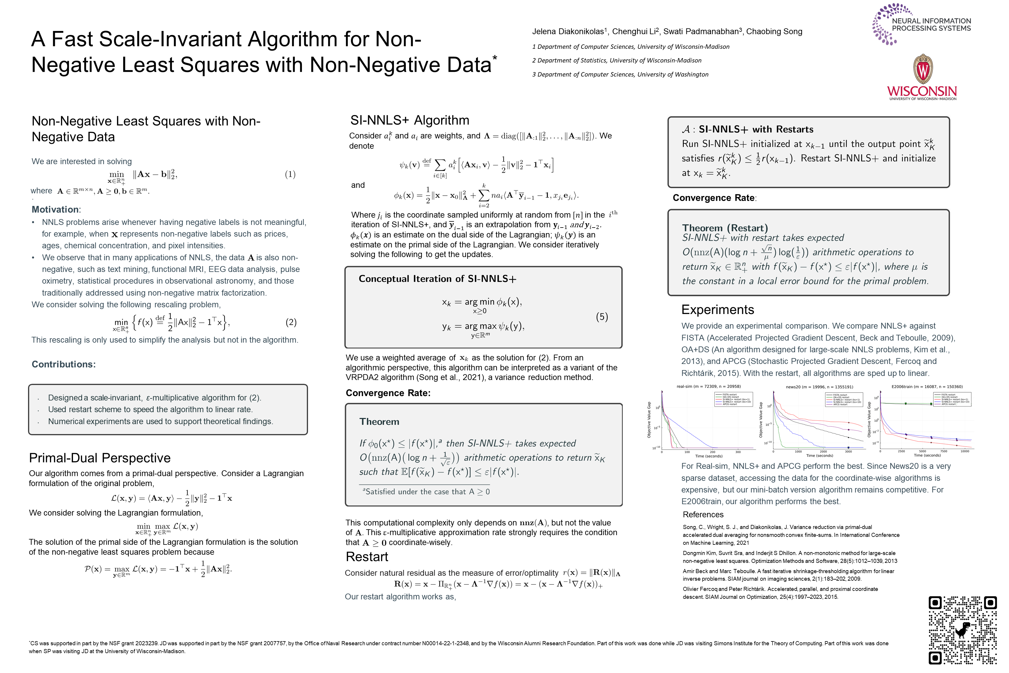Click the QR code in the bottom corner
(x=962, y=630)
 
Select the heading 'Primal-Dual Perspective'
(x=100, y=458)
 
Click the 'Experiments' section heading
(x=717, y=309)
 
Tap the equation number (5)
(x=601, y=317)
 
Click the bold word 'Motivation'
(x=55, y=209)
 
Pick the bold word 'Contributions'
(x=63, y=364)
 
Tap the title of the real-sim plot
(x=708, y=386)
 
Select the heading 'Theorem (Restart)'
(x=725, y=228)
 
